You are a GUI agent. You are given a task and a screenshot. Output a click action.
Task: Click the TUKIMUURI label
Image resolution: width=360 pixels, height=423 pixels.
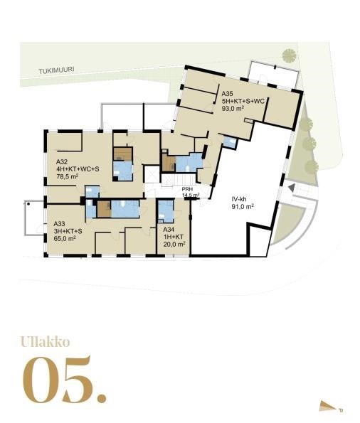(56, 70)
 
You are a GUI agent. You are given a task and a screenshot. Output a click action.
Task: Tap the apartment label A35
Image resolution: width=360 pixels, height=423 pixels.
(227, 94)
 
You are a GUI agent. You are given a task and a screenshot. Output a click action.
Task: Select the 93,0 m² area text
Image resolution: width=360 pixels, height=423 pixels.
(233, 109)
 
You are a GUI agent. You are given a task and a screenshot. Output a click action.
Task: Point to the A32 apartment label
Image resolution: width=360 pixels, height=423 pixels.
(62, 162)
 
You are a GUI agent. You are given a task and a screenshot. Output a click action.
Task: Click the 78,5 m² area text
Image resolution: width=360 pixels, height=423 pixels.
(68, 176)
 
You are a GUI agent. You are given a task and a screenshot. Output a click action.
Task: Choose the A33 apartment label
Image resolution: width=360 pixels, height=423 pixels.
(60, 224)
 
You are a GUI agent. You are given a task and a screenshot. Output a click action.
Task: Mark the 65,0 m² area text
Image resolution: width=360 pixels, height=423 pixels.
(65, 238)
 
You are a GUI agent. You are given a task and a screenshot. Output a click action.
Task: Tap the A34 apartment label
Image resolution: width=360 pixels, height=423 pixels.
(169, 230)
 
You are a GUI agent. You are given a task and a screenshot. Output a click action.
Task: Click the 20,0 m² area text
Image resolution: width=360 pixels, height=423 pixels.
(174, 244)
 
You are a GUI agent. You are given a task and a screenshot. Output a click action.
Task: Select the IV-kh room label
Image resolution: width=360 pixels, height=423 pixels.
(239, 200)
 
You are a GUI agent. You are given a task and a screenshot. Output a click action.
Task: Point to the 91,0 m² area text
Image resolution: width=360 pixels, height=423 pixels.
(242, 207)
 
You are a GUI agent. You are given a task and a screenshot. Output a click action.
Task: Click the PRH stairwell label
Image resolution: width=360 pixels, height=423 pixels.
(187, 189)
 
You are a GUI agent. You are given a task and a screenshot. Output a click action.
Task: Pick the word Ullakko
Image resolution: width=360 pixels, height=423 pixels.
(45, 342)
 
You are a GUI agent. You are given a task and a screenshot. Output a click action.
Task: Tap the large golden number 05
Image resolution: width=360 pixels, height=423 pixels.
(64, 380)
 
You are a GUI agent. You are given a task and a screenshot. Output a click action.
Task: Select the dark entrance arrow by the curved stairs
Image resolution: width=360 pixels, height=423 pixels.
(292, 188)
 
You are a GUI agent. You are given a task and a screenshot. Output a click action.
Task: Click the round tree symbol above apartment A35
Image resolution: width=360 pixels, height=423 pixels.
(289, 56)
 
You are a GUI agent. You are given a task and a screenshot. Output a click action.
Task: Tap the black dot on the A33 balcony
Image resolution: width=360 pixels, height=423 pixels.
(28, 204)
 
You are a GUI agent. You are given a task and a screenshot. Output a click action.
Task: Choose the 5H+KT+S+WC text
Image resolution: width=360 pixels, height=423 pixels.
(243, 101)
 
